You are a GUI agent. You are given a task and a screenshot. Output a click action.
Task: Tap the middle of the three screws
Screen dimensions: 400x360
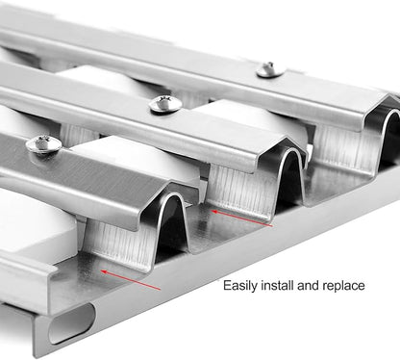point(165,104)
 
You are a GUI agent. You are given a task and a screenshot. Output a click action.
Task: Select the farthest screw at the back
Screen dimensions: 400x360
point(270,70)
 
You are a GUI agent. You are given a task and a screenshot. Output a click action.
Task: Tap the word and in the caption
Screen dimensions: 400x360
point(308,285)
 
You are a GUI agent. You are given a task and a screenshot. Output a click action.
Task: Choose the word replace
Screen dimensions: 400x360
point(343,286)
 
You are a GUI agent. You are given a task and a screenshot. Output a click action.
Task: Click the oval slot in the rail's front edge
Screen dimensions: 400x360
point(72,323)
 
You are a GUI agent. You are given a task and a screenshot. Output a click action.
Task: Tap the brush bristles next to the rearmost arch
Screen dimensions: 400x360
point(346,147)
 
